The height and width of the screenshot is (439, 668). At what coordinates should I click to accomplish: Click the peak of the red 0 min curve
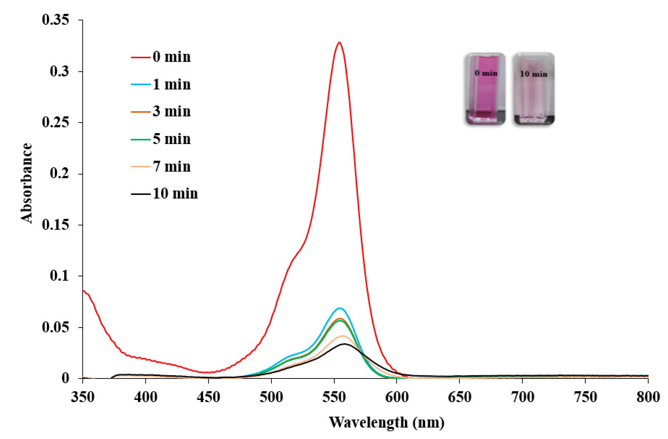point(339,43)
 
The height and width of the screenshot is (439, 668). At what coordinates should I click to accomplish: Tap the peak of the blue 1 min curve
point(340,308)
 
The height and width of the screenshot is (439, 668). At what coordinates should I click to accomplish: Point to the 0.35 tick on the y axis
point(56,20)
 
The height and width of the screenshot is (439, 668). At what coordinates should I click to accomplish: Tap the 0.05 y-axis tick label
point(56,327)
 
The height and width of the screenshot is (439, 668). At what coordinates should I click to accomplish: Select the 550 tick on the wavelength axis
point(334,397)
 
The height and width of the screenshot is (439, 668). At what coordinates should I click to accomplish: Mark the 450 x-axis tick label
point(208,397)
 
